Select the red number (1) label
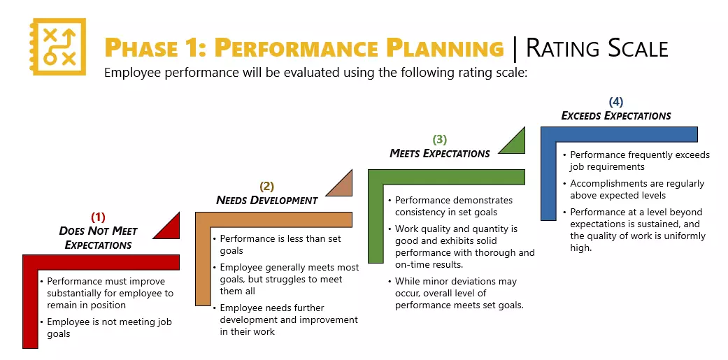pyautogui.click(x=99, y=217)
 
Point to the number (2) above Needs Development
pyautogui.click(x=267, y=186)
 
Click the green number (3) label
pyautogui.click(x=440, y=139)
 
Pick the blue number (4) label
pyautogui.click(x=616, y=101)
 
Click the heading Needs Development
pyautogui.click(x=266, y=201)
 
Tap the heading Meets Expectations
pyautogui.click(x=439, y=154)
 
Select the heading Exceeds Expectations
pyautogui.click(x=616, y=116)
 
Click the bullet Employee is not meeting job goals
pyautogui.click(x=108, y=328)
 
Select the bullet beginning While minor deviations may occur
pyautogui.click(x=458, y=293)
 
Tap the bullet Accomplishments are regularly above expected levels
pyautogui.click(x=636, y=189)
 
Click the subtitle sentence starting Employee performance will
pyautogui.click(x=315, y=73)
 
